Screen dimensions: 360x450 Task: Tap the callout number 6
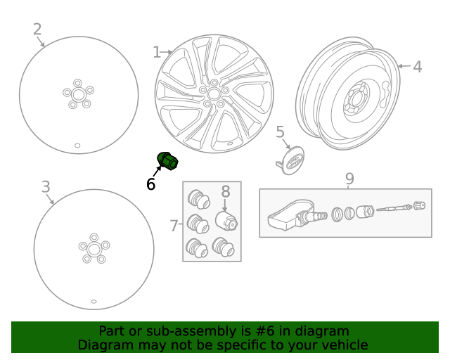click(x=150, y=184)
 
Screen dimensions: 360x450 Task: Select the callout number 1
click(x=156, y=52)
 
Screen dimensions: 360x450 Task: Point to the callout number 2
click(x=37, y=30)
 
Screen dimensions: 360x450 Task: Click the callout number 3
click(x=46, y=187)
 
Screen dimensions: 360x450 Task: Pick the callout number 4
click(x=417, y=67)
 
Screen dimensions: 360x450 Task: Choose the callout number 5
click(x=280, y=132)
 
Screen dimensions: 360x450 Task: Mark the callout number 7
click(x=174, y=226)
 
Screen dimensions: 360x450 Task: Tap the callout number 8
click(x=226, y=191)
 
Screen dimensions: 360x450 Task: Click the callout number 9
click(x=349, y=179)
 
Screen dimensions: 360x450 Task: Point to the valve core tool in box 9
click(x=393, y=209)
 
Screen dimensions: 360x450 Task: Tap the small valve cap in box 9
click(x=420, y=206)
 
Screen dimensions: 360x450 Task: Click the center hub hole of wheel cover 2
click(x=78, y=94)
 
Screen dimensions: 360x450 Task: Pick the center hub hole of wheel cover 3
click(x=94, y=249)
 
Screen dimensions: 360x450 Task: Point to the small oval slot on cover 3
click(x=94, y=302)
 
